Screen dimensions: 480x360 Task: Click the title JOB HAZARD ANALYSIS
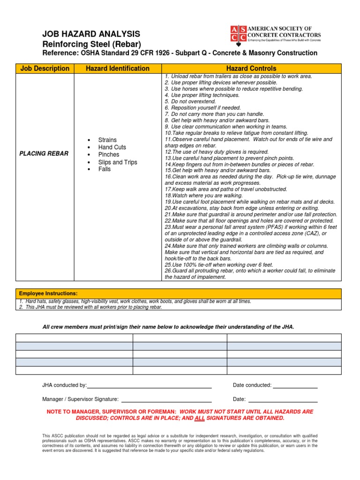tap(91, 34)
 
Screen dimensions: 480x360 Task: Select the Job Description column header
tap(45, 68)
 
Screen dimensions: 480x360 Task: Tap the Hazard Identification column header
tap(118, 68)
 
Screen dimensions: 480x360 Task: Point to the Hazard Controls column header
tap(251, 68)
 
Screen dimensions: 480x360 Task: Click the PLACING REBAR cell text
tap(44, 154)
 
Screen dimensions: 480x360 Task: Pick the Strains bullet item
tap(107, 140)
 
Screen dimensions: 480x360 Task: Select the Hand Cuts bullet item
tap(112, 147)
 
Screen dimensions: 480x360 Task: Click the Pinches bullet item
tap(109, 155)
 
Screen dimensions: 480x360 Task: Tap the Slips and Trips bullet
tap(118, 162)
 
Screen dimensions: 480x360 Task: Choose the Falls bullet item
tap(105, 169)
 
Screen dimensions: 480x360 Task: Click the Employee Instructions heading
tap(48, 293)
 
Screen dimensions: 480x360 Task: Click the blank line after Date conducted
tap(295, 386)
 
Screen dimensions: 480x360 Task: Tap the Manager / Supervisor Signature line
tap(166, 400)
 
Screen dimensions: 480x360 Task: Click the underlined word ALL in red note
tap(200, 418)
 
